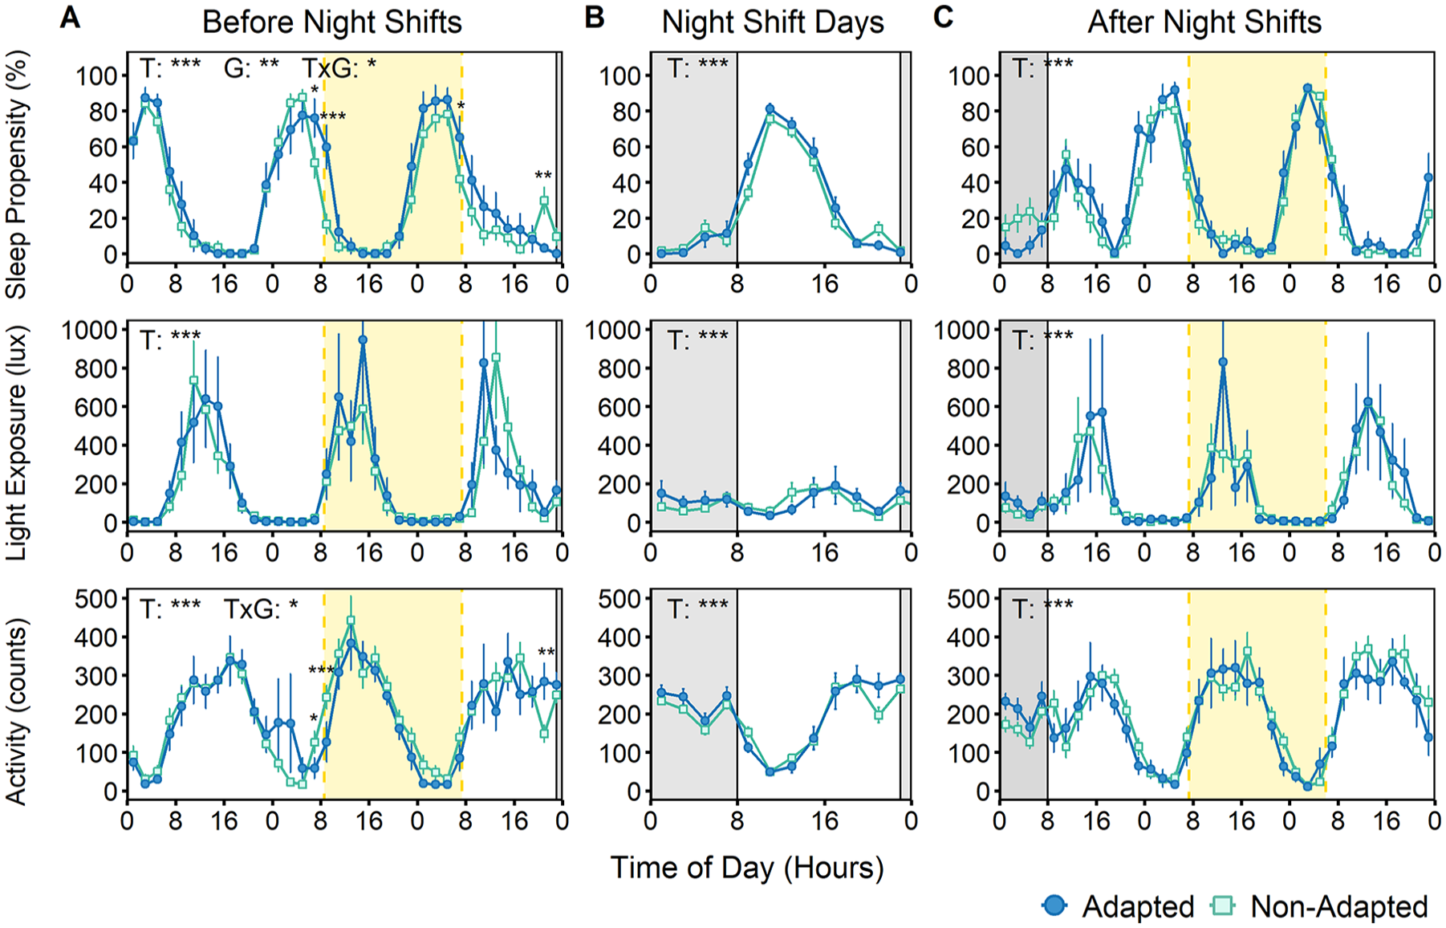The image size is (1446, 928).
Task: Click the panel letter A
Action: click(70, 18)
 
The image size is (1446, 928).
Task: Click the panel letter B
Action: click(595, 18)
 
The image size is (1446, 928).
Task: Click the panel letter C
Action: click(944, 18)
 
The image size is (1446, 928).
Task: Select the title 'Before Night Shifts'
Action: click(332, 22)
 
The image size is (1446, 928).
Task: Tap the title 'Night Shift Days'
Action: click(773, 22)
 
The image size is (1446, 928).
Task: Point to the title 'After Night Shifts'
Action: click(1204, 22)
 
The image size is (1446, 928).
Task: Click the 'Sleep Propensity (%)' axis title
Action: click(17, 175)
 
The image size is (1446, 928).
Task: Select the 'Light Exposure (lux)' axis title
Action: click(17, 443)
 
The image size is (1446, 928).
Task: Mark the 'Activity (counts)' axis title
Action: click(17, 711)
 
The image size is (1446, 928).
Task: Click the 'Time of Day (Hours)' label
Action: click(747, 868)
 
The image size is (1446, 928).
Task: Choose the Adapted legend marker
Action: click(1054, 906)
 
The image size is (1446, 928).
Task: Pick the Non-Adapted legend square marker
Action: click(1223, 906)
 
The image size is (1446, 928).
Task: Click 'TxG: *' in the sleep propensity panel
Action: click(339, 69)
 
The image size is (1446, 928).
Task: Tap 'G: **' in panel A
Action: click(251, 68)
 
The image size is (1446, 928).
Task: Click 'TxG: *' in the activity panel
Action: click(261, 609)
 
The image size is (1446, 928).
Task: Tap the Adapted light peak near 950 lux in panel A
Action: click(363, 340)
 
